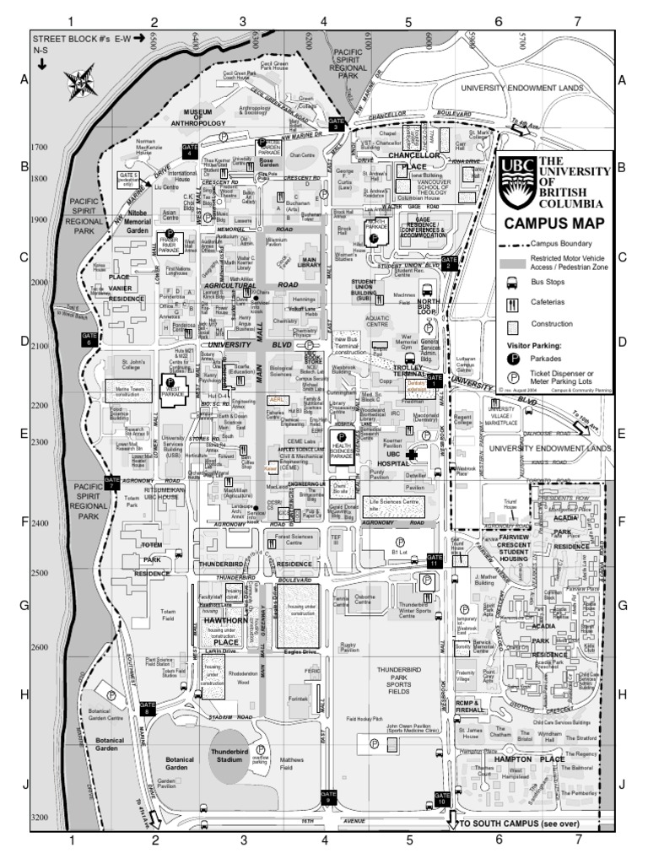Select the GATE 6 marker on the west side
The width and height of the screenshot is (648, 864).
90,339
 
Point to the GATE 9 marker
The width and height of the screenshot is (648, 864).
328,796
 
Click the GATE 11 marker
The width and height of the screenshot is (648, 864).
434,560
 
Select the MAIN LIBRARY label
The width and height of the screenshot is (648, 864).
309,264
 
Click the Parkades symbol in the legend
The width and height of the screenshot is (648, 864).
511,358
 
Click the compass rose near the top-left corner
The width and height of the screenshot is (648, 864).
78,84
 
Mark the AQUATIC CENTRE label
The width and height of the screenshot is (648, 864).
377,321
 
